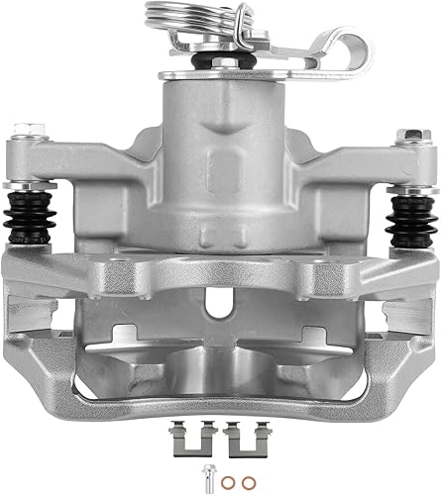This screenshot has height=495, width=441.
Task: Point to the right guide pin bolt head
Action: (x=405, y=136)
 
